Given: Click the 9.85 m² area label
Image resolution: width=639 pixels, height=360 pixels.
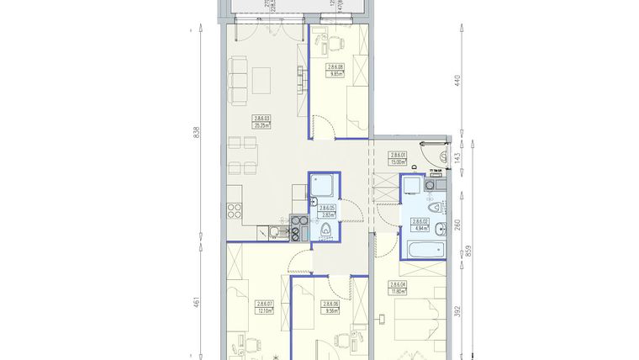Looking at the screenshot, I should click(x=337, y=74).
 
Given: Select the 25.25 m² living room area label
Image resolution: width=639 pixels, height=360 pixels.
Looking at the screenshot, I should click(x=261, y=124).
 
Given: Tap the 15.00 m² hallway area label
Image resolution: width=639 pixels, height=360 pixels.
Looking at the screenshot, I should click(x=398, y=162).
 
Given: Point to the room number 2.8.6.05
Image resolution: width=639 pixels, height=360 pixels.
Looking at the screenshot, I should click(x=325, y=208).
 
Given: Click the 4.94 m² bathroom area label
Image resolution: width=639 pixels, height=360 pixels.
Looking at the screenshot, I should click(x=419, y=226).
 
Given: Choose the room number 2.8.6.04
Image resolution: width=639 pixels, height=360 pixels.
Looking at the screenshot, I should click(x=398, y=284).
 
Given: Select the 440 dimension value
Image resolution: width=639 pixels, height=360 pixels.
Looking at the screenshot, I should click(x=458, y=82).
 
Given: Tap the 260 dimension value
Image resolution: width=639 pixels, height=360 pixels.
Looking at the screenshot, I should click(x=458, y=225).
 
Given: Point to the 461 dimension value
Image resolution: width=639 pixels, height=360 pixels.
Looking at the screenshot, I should click(x=196, y=301).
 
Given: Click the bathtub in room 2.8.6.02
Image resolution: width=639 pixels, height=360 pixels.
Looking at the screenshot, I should click(x=423, y=249).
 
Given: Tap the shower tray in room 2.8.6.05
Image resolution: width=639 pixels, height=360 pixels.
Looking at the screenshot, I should click(x=324, y=186).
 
